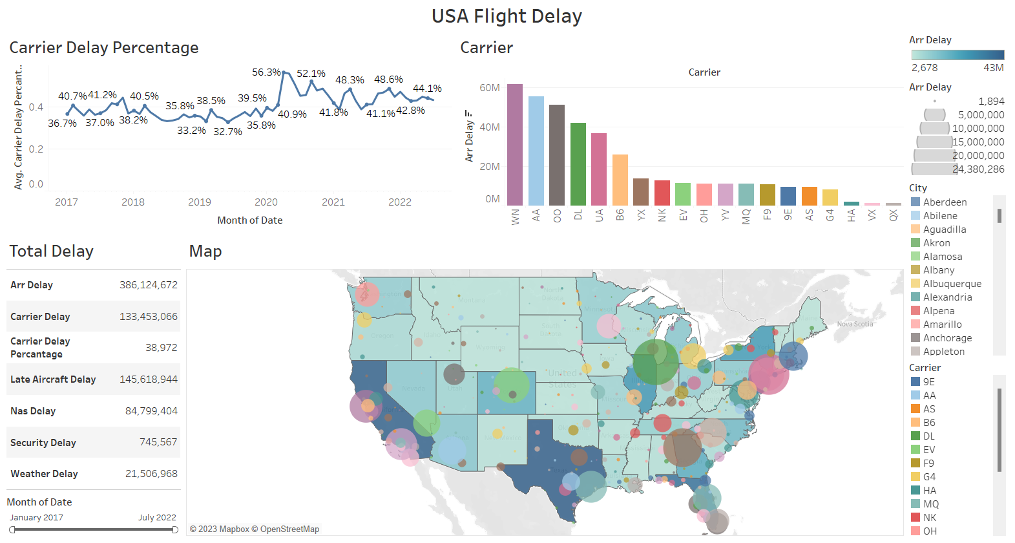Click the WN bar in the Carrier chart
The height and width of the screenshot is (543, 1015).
515,145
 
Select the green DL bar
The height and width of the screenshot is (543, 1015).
578,164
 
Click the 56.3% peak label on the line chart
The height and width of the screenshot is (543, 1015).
266,72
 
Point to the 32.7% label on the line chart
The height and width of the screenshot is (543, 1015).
227,132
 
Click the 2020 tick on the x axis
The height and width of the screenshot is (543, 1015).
266,202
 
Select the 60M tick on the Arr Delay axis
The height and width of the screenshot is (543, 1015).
490,88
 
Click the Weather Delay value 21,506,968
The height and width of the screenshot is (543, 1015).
151,474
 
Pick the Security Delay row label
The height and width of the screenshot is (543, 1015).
43,443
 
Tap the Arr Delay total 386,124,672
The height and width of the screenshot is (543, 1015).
149,285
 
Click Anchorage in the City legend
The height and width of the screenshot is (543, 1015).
947,338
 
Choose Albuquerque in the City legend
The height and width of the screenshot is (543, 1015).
952,284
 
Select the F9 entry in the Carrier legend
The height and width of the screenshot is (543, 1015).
928,463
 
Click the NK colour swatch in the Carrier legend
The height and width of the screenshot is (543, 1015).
915,517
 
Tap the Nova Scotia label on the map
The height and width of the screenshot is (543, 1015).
855,324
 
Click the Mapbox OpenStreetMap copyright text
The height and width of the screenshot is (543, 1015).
255,529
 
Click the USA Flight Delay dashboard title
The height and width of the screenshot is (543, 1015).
507,16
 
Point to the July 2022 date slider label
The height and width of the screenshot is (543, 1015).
157,518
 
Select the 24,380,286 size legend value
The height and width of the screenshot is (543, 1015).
978,169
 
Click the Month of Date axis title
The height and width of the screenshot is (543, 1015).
250,220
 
